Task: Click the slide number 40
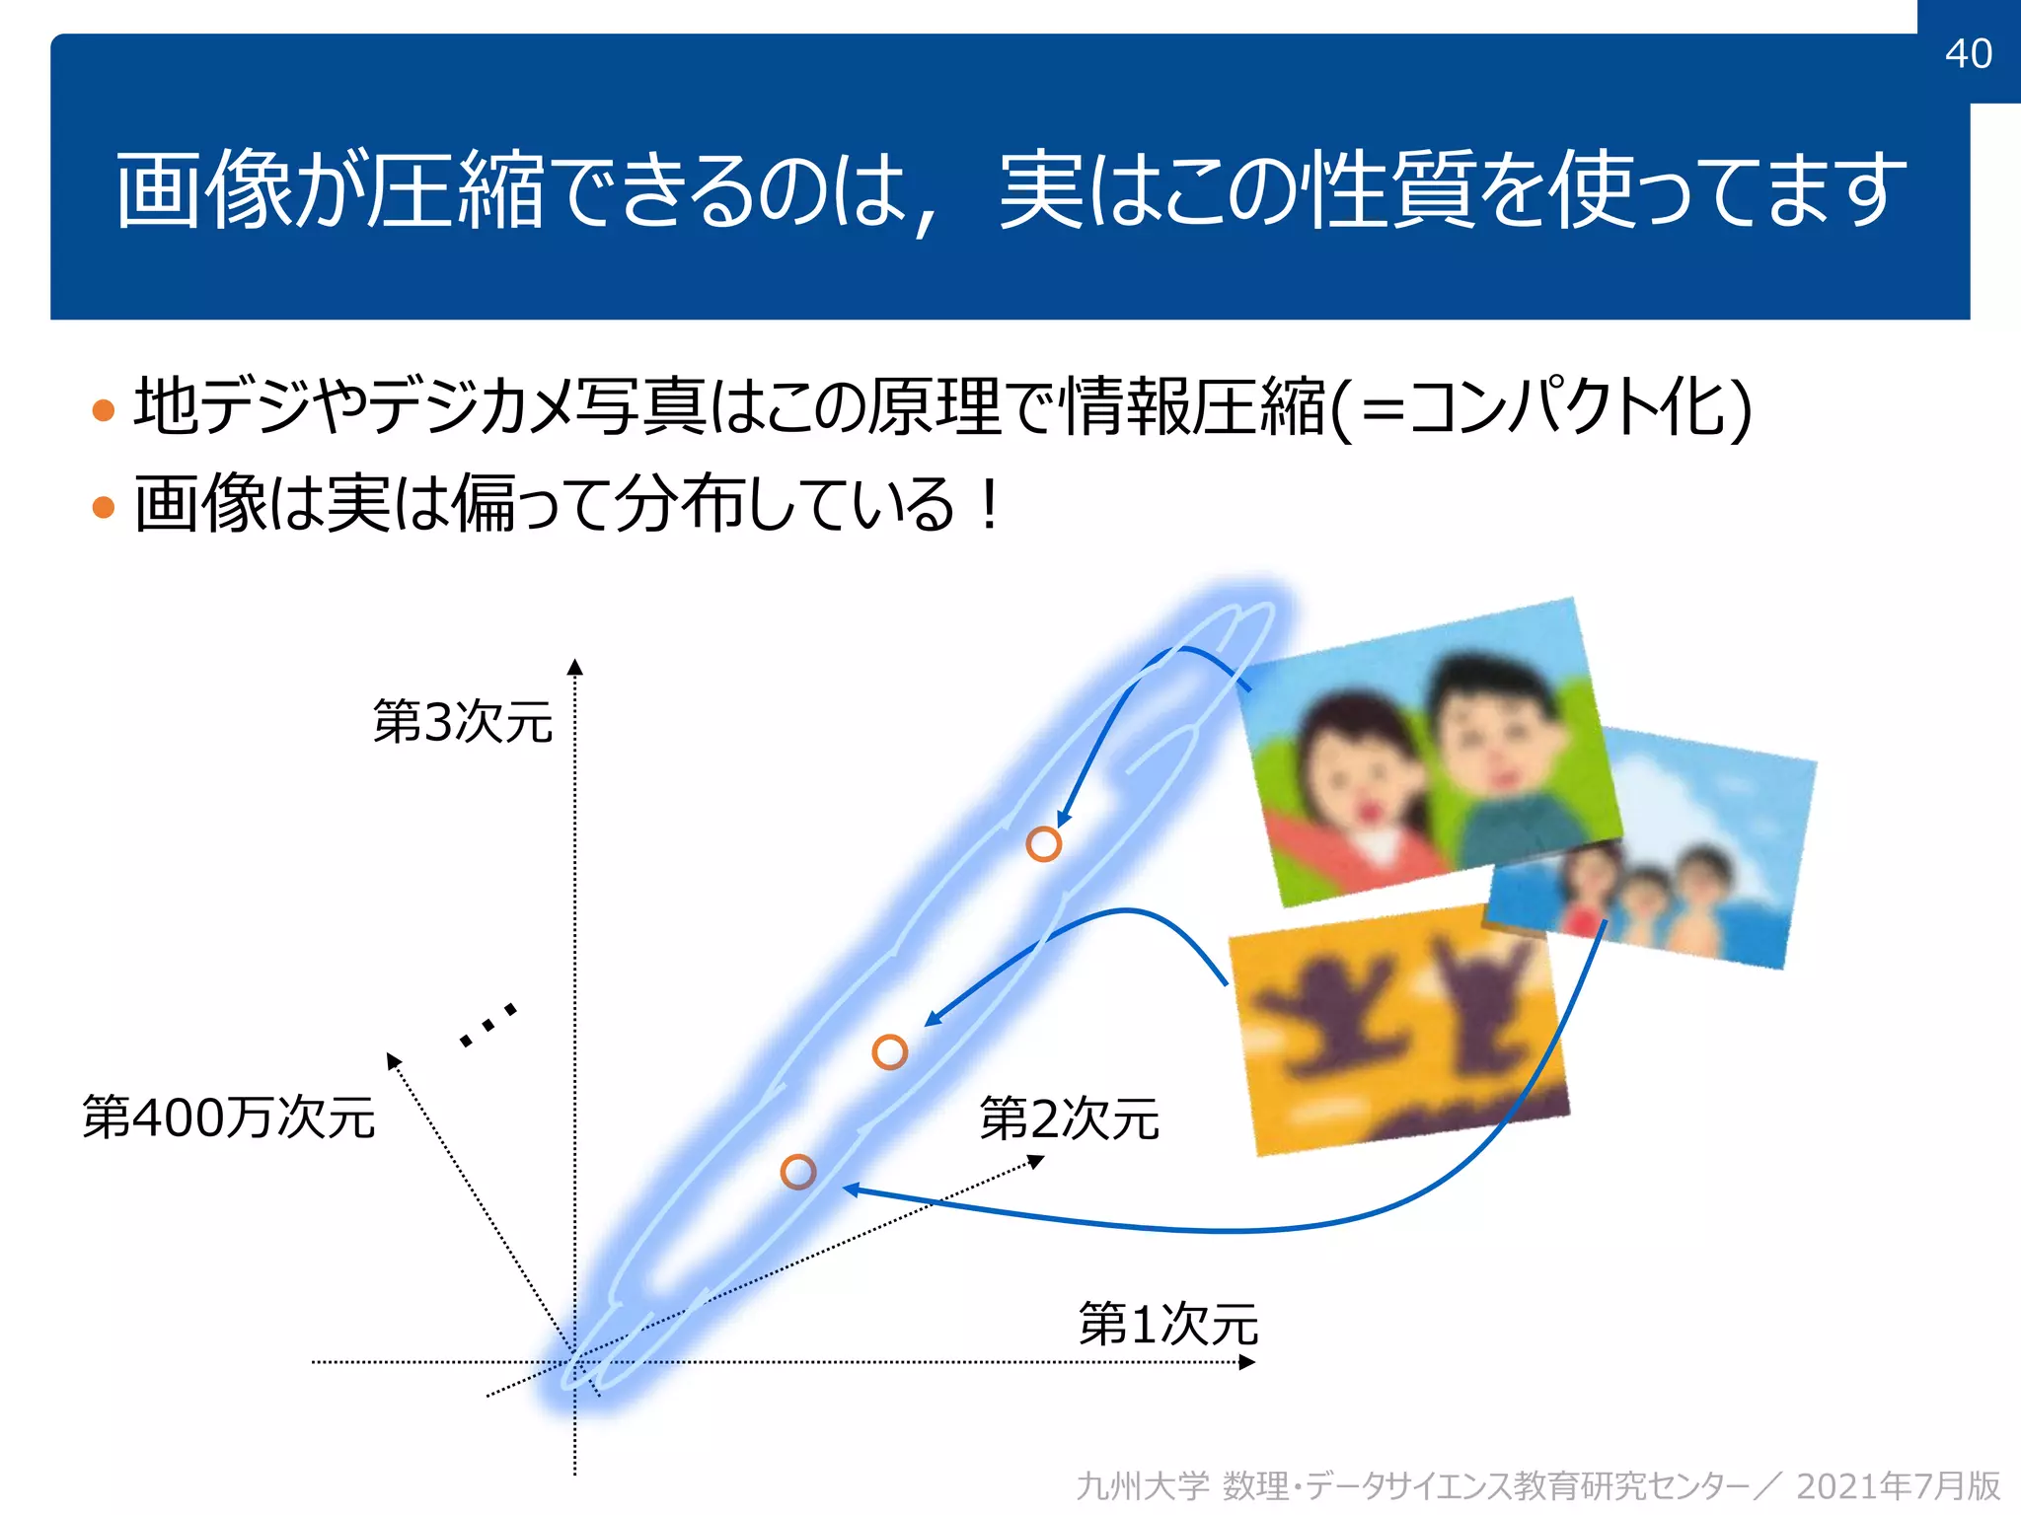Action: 1968,53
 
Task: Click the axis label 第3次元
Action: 463,721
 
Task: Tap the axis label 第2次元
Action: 1069,1118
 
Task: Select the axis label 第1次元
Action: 1168,1324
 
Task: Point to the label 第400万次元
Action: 229,1118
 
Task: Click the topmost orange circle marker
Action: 1043,844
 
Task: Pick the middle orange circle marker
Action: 889,1052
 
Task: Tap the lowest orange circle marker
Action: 797,1172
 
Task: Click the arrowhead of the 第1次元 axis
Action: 1247,1362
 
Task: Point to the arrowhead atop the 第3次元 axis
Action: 575,668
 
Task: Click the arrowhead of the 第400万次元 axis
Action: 393,1060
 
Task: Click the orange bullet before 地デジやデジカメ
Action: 103,410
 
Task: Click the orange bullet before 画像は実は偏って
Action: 103,507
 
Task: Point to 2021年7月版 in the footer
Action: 1898,1485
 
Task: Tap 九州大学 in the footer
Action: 1142,1485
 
